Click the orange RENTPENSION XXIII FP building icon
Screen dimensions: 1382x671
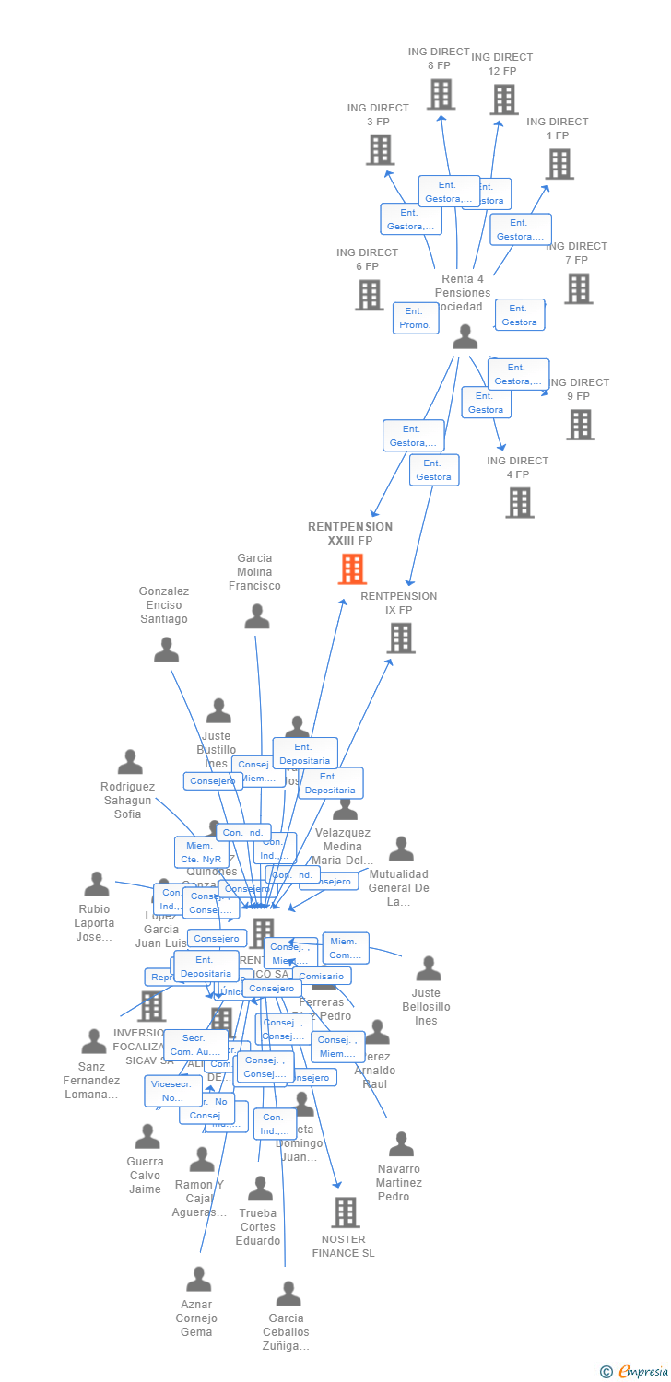352,569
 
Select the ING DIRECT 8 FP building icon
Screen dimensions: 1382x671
441,94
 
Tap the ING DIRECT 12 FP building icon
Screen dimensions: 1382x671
503,100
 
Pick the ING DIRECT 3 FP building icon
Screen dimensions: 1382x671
380,149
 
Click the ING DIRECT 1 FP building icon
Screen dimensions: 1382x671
559,164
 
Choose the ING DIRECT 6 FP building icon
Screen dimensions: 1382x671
369,295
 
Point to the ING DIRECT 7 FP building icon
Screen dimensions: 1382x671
578,288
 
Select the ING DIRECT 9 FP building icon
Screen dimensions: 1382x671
580,425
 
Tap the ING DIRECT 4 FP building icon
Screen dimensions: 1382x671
519,502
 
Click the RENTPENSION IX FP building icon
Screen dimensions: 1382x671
400,638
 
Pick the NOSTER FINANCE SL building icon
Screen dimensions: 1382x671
345,1212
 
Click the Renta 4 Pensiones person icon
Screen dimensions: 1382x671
465,337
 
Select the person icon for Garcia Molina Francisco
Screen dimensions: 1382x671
256,616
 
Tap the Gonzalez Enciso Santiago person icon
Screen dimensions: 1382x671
166,650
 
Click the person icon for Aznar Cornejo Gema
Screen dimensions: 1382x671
198,1279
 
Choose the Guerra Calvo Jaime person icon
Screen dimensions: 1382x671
147,1137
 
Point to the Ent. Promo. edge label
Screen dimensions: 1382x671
415,318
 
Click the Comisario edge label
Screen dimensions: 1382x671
322,976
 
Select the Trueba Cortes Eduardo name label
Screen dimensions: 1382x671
258,1227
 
